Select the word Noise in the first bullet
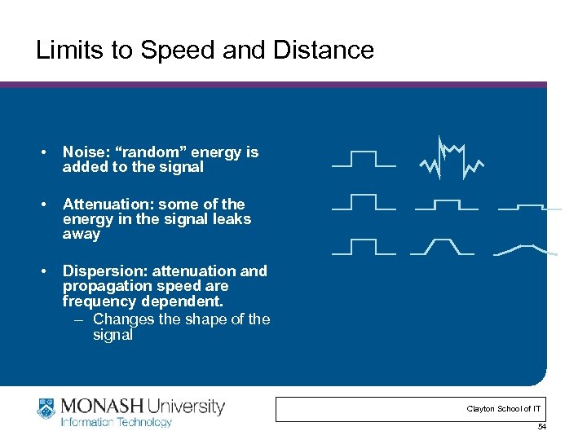[82, 152]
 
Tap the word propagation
[104, 286]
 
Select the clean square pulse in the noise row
[364, 159]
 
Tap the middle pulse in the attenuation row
[446, 203]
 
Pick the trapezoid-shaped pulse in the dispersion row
[442, 247]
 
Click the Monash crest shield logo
[46, 409]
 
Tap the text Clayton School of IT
[504, 409]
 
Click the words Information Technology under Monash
[117, 422]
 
